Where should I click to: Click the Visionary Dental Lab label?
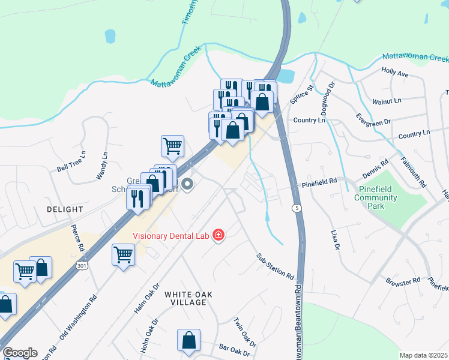170,235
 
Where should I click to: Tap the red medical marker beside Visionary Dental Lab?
218,235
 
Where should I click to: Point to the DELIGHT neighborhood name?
64,209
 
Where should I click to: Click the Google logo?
20,353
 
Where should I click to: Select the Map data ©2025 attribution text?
424,355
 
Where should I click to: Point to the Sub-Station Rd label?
275,267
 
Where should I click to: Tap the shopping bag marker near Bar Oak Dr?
188,340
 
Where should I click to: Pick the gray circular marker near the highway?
188,184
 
